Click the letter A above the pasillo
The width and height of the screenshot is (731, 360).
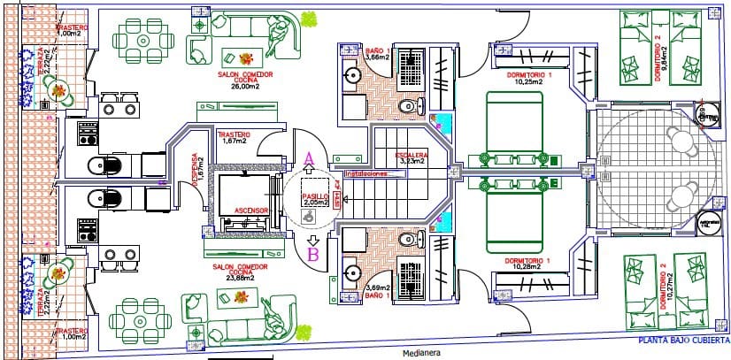click(309, 159)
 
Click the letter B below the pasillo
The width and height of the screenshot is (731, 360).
click(312, 256)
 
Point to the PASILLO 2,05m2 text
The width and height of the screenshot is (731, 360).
click(312, 200)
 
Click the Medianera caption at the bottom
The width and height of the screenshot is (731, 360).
click(421, 352)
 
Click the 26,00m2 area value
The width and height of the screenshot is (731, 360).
click(244, 88)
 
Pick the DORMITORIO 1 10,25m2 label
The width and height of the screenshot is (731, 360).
click(529, 80)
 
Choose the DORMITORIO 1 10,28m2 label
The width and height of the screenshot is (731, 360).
click(527, 264)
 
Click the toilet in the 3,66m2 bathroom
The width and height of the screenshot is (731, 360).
click(406, 107)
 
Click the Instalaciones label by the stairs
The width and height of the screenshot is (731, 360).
click(373, 174)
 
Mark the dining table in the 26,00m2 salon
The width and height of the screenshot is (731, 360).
click(142, 42)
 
